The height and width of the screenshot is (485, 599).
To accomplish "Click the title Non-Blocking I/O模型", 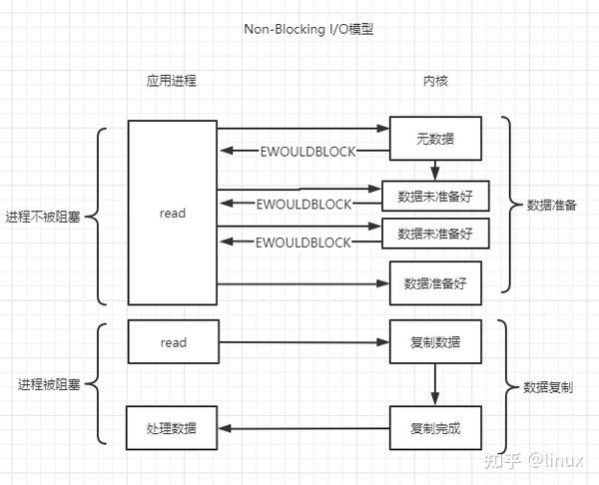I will click(x=300, y=29).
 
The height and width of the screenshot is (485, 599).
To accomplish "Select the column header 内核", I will click(x=434, y=81).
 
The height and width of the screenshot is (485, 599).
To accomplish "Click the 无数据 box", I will click(x=435, y=138).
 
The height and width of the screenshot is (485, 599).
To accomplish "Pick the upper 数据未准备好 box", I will click(x=435, y=197).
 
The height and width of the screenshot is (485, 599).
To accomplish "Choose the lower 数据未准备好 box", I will click(x=435, y=234).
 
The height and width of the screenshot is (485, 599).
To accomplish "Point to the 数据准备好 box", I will click(x=435, y=282).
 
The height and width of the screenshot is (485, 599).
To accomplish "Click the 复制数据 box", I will click(x=435, y=342).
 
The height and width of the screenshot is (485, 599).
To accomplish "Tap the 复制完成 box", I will click(x=435, y=428).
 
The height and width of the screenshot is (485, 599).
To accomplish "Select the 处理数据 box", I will click(x=172, y=428).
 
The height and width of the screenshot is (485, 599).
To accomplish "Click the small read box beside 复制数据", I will click(x=172, y=342).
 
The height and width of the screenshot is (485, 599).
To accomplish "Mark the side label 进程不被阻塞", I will click(x=45, y=217).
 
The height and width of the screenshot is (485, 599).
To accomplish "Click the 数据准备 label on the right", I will click(x=551, y=205).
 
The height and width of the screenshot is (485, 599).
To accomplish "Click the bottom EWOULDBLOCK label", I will click(x=303, y=242).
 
